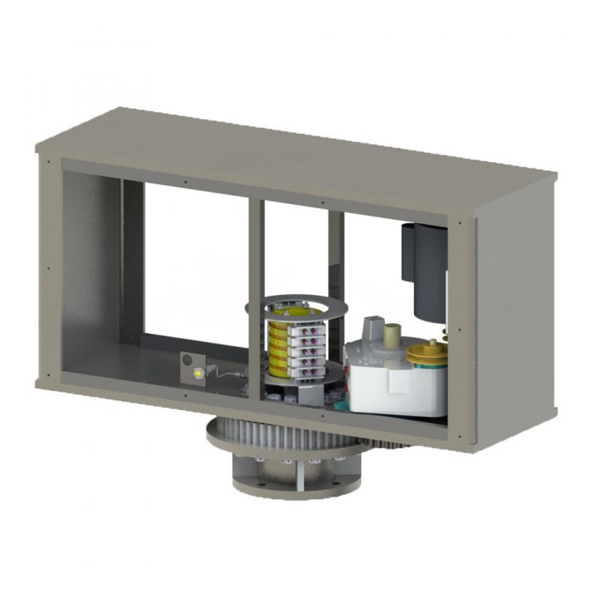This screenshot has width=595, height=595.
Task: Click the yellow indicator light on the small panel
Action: (x=198, y=374)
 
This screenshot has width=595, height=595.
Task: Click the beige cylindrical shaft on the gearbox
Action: (x=390, y=335)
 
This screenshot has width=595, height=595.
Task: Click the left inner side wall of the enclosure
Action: (x=91, y=273)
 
